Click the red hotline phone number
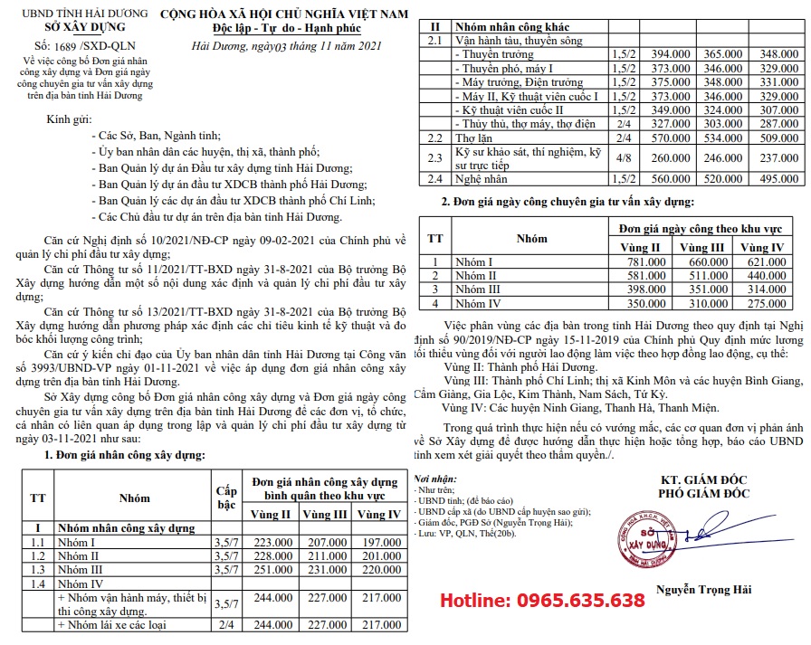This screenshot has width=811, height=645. (542, 601)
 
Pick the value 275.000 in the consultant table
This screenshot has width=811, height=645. (762, 303)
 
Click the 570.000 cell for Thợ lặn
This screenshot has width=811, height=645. (652, 138)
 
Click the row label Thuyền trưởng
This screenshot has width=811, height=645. (493, 54)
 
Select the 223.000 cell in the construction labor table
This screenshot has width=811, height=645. (271, 541)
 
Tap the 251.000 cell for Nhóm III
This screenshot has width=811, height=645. (271, 569)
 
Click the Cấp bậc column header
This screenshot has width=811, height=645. (225, 496)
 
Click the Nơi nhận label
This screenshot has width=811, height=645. (429, 478)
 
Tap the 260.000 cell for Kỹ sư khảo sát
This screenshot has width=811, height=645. (652, 158)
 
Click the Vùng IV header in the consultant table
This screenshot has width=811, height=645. (762, 247)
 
